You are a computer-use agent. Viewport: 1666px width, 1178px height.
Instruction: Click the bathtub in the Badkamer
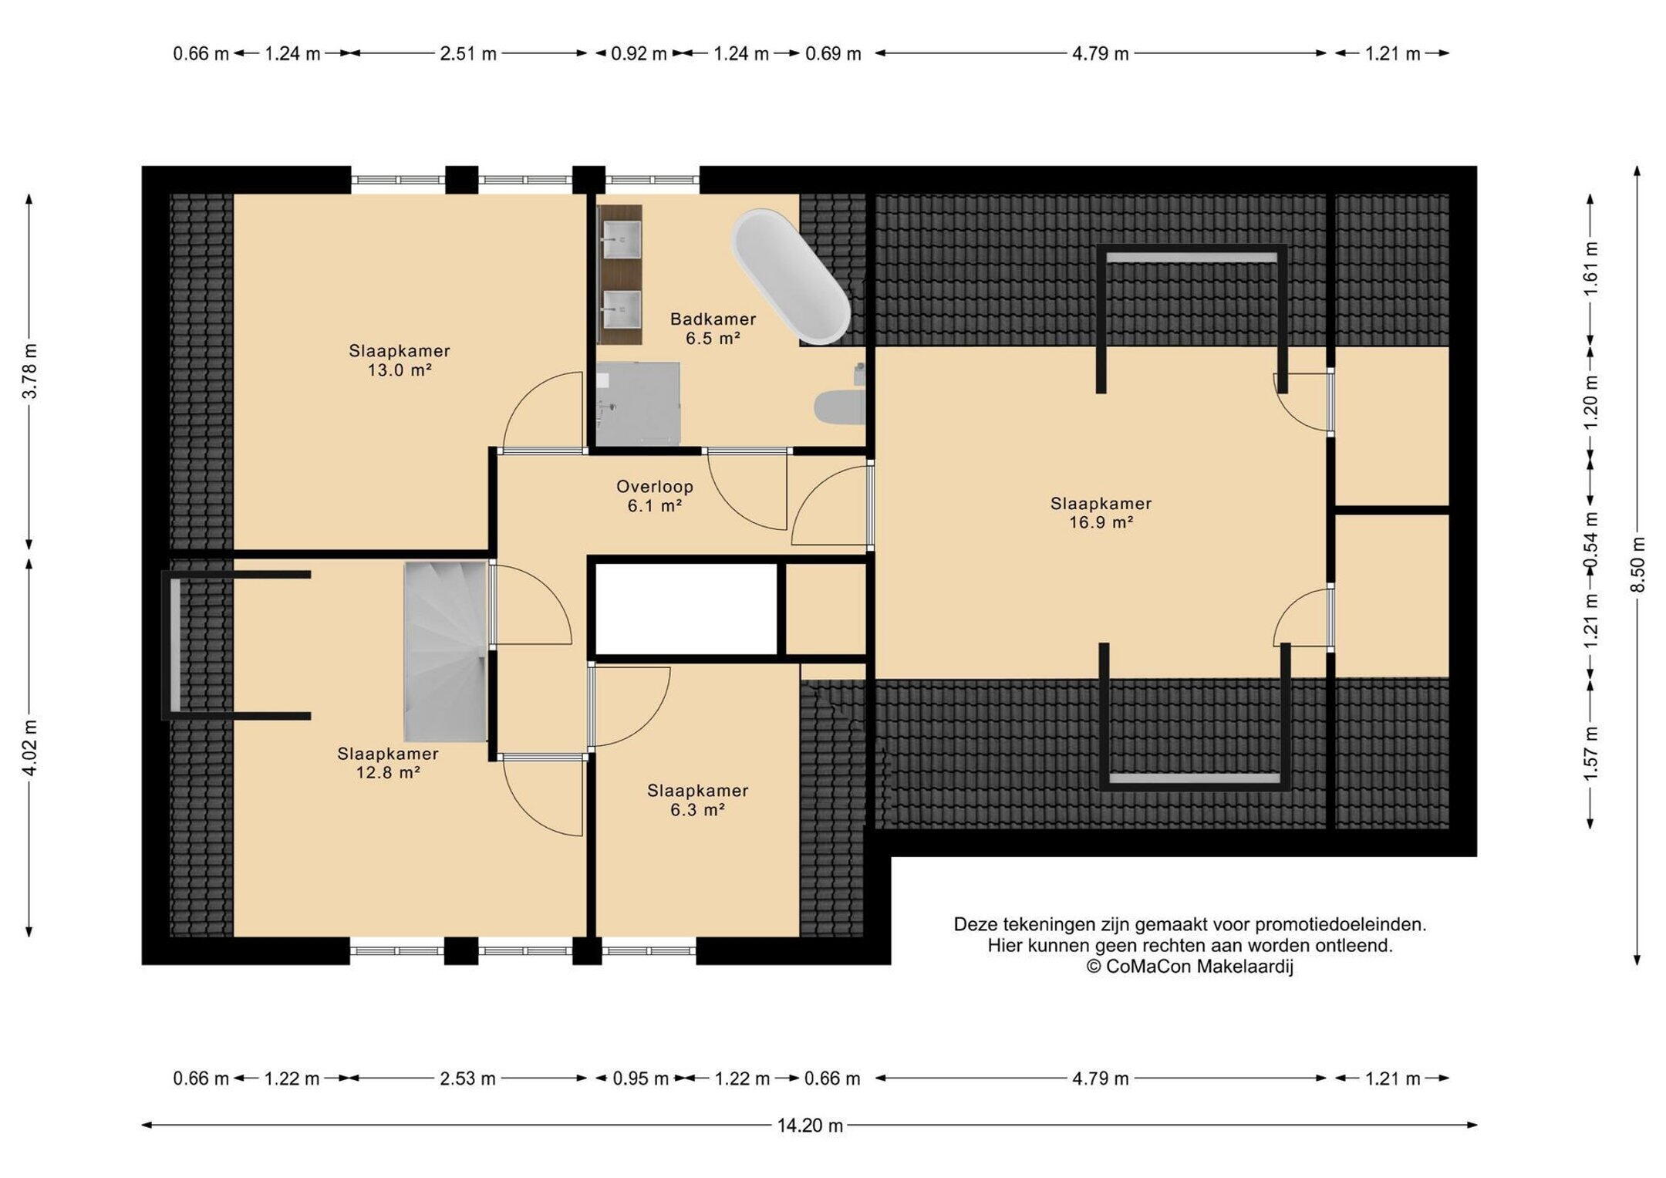pos(791,276)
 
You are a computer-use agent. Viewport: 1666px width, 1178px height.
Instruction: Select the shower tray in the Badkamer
pos(638,403)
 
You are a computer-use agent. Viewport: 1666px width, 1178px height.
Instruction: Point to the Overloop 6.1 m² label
pos(655,496)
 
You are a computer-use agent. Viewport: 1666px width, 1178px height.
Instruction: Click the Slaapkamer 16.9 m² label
pos(1101,513)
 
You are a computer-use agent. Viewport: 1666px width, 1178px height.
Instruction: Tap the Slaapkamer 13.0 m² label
pos(399,360)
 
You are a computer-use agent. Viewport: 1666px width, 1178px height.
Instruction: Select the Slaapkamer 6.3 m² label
pos(697,800)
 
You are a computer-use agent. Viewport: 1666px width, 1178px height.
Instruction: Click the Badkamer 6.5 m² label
pos(713,328)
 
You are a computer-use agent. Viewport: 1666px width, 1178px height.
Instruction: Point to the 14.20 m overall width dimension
pos(810,1126)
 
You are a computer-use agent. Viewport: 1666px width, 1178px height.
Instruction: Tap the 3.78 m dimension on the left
pos(30,370)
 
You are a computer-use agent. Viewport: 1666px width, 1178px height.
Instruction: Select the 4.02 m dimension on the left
pos(30,748)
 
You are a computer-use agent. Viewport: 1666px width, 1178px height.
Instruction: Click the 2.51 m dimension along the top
pos(468,53)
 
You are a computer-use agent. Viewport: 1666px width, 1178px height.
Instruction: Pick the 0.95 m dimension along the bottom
pos(640,1078)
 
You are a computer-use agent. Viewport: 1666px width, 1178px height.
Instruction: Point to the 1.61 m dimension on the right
pos(1590,268)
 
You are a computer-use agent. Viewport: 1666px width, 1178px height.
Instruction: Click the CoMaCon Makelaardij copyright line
pos(1190,967)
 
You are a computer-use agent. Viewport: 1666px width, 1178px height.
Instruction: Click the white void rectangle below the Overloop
pos(686,609)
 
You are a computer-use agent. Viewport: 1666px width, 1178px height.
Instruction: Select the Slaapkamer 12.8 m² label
pos(388,763)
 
